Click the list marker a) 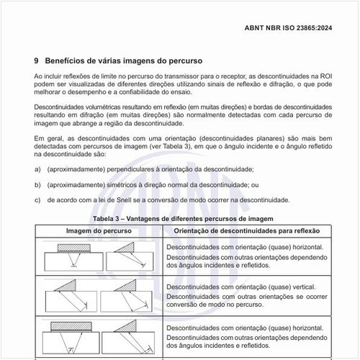(x=37, y=170)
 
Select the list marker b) (x=37, y=184)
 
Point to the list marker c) (x=37, y=199)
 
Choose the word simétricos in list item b (x=127, y=184)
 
